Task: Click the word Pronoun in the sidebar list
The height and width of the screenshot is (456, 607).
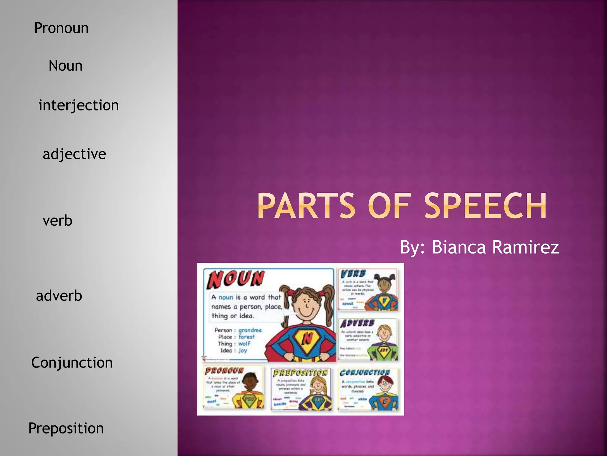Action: pos(61,28)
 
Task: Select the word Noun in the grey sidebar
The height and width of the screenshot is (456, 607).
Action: pos(66,66)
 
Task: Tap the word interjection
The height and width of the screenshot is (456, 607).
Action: pos(79,105)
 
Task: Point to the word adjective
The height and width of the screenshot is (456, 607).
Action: pos(74,154)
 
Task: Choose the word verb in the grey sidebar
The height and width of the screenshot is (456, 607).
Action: pos(57,221)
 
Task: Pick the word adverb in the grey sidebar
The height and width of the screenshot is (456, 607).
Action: pos(59,296)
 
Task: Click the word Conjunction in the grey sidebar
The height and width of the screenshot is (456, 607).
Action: pos(72,363)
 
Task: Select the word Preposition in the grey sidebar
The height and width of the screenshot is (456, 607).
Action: pos(66,428)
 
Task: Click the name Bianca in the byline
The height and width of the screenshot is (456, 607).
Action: pos(459,247)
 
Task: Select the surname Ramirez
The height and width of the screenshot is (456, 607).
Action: pos(525,247)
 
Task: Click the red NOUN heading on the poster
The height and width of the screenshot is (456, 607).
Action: pos(235,279)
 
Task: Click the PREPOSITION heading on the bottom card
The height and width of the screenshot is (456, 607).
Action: pos(300,373)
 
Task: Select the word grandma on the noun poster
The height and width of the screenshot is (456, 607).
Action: pos(250,330)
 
